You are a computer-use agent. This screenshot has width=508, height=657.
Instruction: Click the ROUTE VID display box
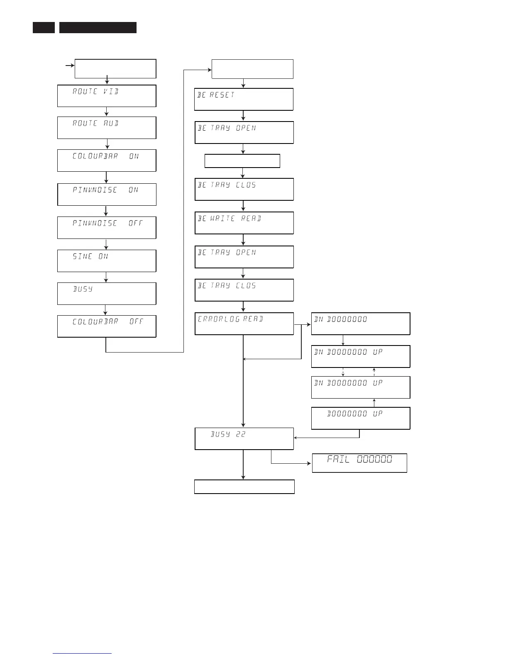click(107, 96)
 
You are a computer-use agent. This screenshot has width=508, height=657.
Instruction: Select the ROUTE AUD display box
click(107, 128)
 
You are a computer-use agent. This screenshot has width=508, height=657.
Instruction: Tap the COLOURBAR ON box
click(107, 161)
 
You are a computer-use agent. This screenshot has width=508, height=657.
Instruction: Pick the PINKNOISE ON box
click(107, 194)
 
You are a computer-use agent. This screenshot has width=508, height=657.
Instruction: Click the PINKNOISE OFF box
click(107, 227)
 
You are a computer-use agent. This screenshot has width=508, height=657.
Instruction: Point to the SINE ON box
click(107, 261)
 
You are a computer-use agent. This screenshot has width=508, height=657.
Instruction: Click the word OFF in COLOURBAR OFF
click(136, 322)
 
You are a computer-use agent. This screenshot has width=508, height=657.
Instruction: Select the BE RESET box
click(244, 99)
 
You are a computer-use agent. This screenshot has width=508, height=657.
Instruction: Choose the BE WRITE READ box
click(244, 223)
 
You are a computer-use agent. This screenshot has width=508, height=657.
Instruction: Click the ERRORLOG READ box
click(244, 324)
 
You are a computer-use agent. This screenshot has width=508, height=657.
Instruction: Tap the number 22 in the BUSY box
click(241, 434)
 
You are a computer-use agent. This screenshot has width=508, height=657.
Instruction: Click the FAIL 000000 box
click(359, 463)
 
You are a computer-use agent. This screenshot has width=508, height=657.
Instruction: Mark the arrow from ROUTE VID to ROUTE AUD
click(107, 112)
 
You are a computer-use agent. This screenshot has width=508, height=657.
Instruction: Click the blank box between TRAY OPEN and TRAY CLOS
click(242, 161)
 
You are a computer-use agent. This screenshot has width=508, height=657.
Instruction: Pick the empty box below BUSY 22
click(244, 487)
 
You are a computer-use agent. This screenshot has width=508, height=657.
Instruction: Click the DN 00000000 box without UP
click(361, 324)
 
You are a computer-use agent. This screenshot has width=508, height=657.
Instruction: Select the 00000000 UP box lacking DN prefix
click(361, 418)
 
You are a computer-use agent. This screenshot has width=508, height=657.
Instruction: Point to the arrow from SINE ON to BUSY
click(106, 277)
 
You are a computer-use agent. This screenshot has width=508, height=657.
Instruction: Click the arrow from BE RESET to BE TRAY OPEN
click(243, 116)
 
